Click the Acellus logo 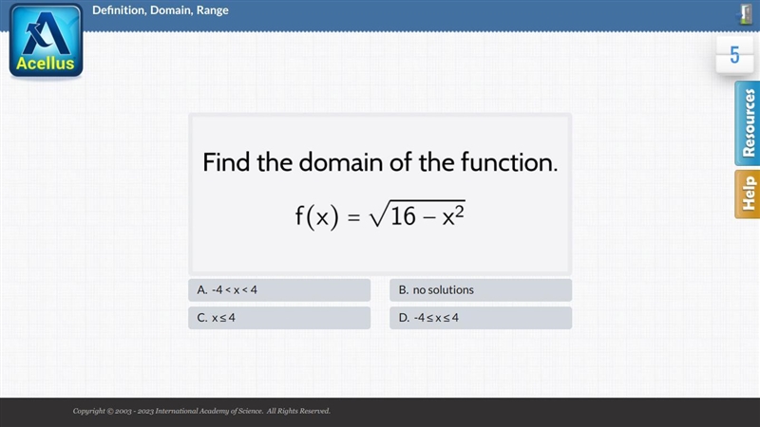46,41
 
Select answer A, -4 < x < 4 279,290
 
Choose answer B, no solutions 481,290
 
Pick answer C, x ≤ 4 279,318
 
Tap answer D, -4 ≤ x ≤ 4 481,318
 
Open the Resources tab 748,123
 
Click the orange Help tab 748,194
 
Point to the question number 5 734,55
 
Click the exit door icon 746,14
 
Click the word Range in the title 212,10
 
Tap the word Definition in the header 119,10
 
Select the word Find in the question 227,162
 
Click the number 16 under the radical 403,216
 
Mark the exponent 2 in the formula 460,211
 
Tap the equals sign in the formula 353,217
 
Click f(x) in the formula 317,216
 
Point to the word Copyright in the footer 89,411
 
